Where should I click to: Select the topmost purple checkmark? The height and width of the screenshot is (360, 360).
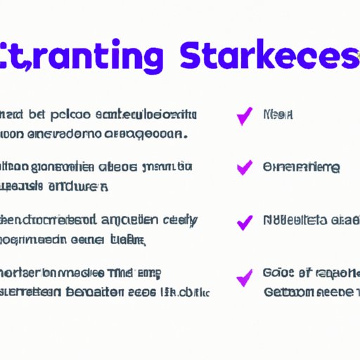pos(244,117)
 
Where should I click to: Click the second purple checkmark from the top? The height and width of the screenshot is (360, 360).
pos(244,167)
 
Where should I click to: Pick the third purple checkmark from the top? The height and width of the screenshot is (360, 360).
pos(244,222)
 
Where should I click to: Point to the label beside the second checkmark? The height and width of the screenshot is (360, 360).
pos(301,167)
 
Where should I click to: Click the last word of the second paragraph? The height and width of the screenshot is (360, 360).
pos(79,187)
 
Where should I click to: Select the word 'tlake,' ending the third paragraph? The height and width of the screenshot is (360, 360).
pos(129,240)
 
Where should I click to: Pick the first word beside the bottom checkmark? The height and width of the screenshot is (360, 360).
pos(275,273)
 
